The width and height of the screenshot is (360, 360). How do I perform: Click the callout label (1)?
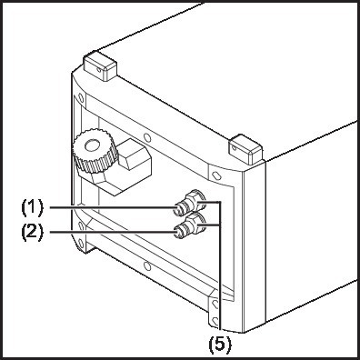32,207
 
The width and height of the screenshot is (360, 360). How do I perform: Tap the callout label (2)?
32,232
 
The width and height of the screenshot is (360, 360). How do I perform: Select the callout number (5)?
220,344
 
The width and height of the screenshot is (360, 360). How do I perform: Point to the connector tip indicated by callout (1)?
178,209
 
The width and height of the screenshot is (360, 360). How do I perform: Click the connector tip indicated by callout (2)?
178,234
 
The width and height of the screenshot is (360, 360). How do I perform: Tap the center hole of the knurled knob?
92,145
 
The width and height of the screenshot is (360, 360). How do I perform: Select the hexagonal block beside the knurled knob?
135,158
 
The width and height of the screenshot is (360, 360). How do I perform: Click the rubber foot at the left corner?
100,65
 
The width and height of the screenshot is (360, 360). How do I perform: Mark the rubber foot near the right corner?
245,149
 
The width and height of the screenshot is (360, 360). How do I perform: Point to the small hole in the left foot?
99,70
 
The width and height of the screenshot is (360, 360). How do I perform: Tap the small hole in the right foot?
234,147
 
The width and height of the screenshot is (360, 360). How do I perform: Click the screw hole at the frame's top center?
147,137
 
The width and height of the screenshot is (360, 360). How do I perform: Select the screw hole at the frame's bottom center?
147,266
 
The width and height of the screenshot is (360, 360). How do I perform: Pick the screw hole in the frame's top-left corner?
81,97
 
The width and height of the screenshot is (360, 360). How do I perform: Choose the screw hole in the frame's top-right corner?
215,175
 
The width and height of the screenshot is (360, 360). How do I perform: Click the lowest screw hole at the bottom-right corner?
215,320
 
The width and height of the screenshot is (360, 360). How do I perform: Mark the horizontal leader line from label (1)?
112,207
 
